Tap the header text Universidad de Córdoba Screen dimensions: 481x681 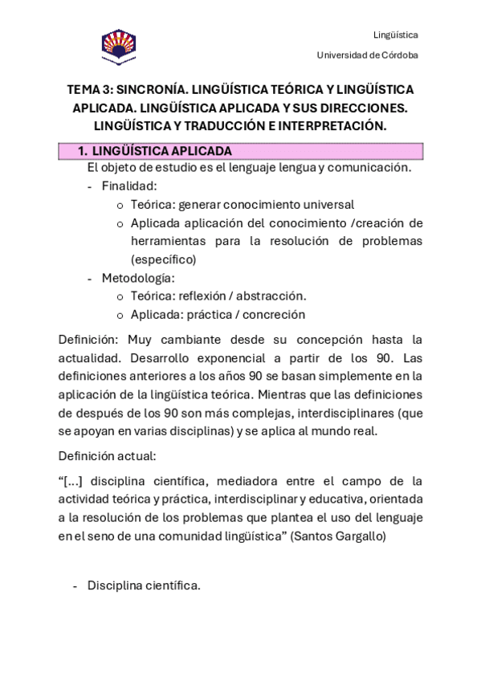367,55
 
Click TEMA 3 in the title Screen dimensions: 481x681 90,88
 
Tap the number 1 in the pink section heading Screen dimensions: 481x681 80,151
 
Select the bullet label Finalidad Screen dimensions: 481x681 128,186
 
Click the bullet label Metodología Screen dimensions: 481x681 137,278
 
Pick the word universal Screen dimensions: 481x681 328,204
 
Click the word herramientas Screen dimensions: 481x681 169,241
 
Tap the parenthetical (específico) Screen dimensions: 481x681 163,259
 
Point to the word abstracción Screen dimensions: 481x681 270,296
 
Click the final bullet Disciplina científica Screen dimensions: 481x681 143,585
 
